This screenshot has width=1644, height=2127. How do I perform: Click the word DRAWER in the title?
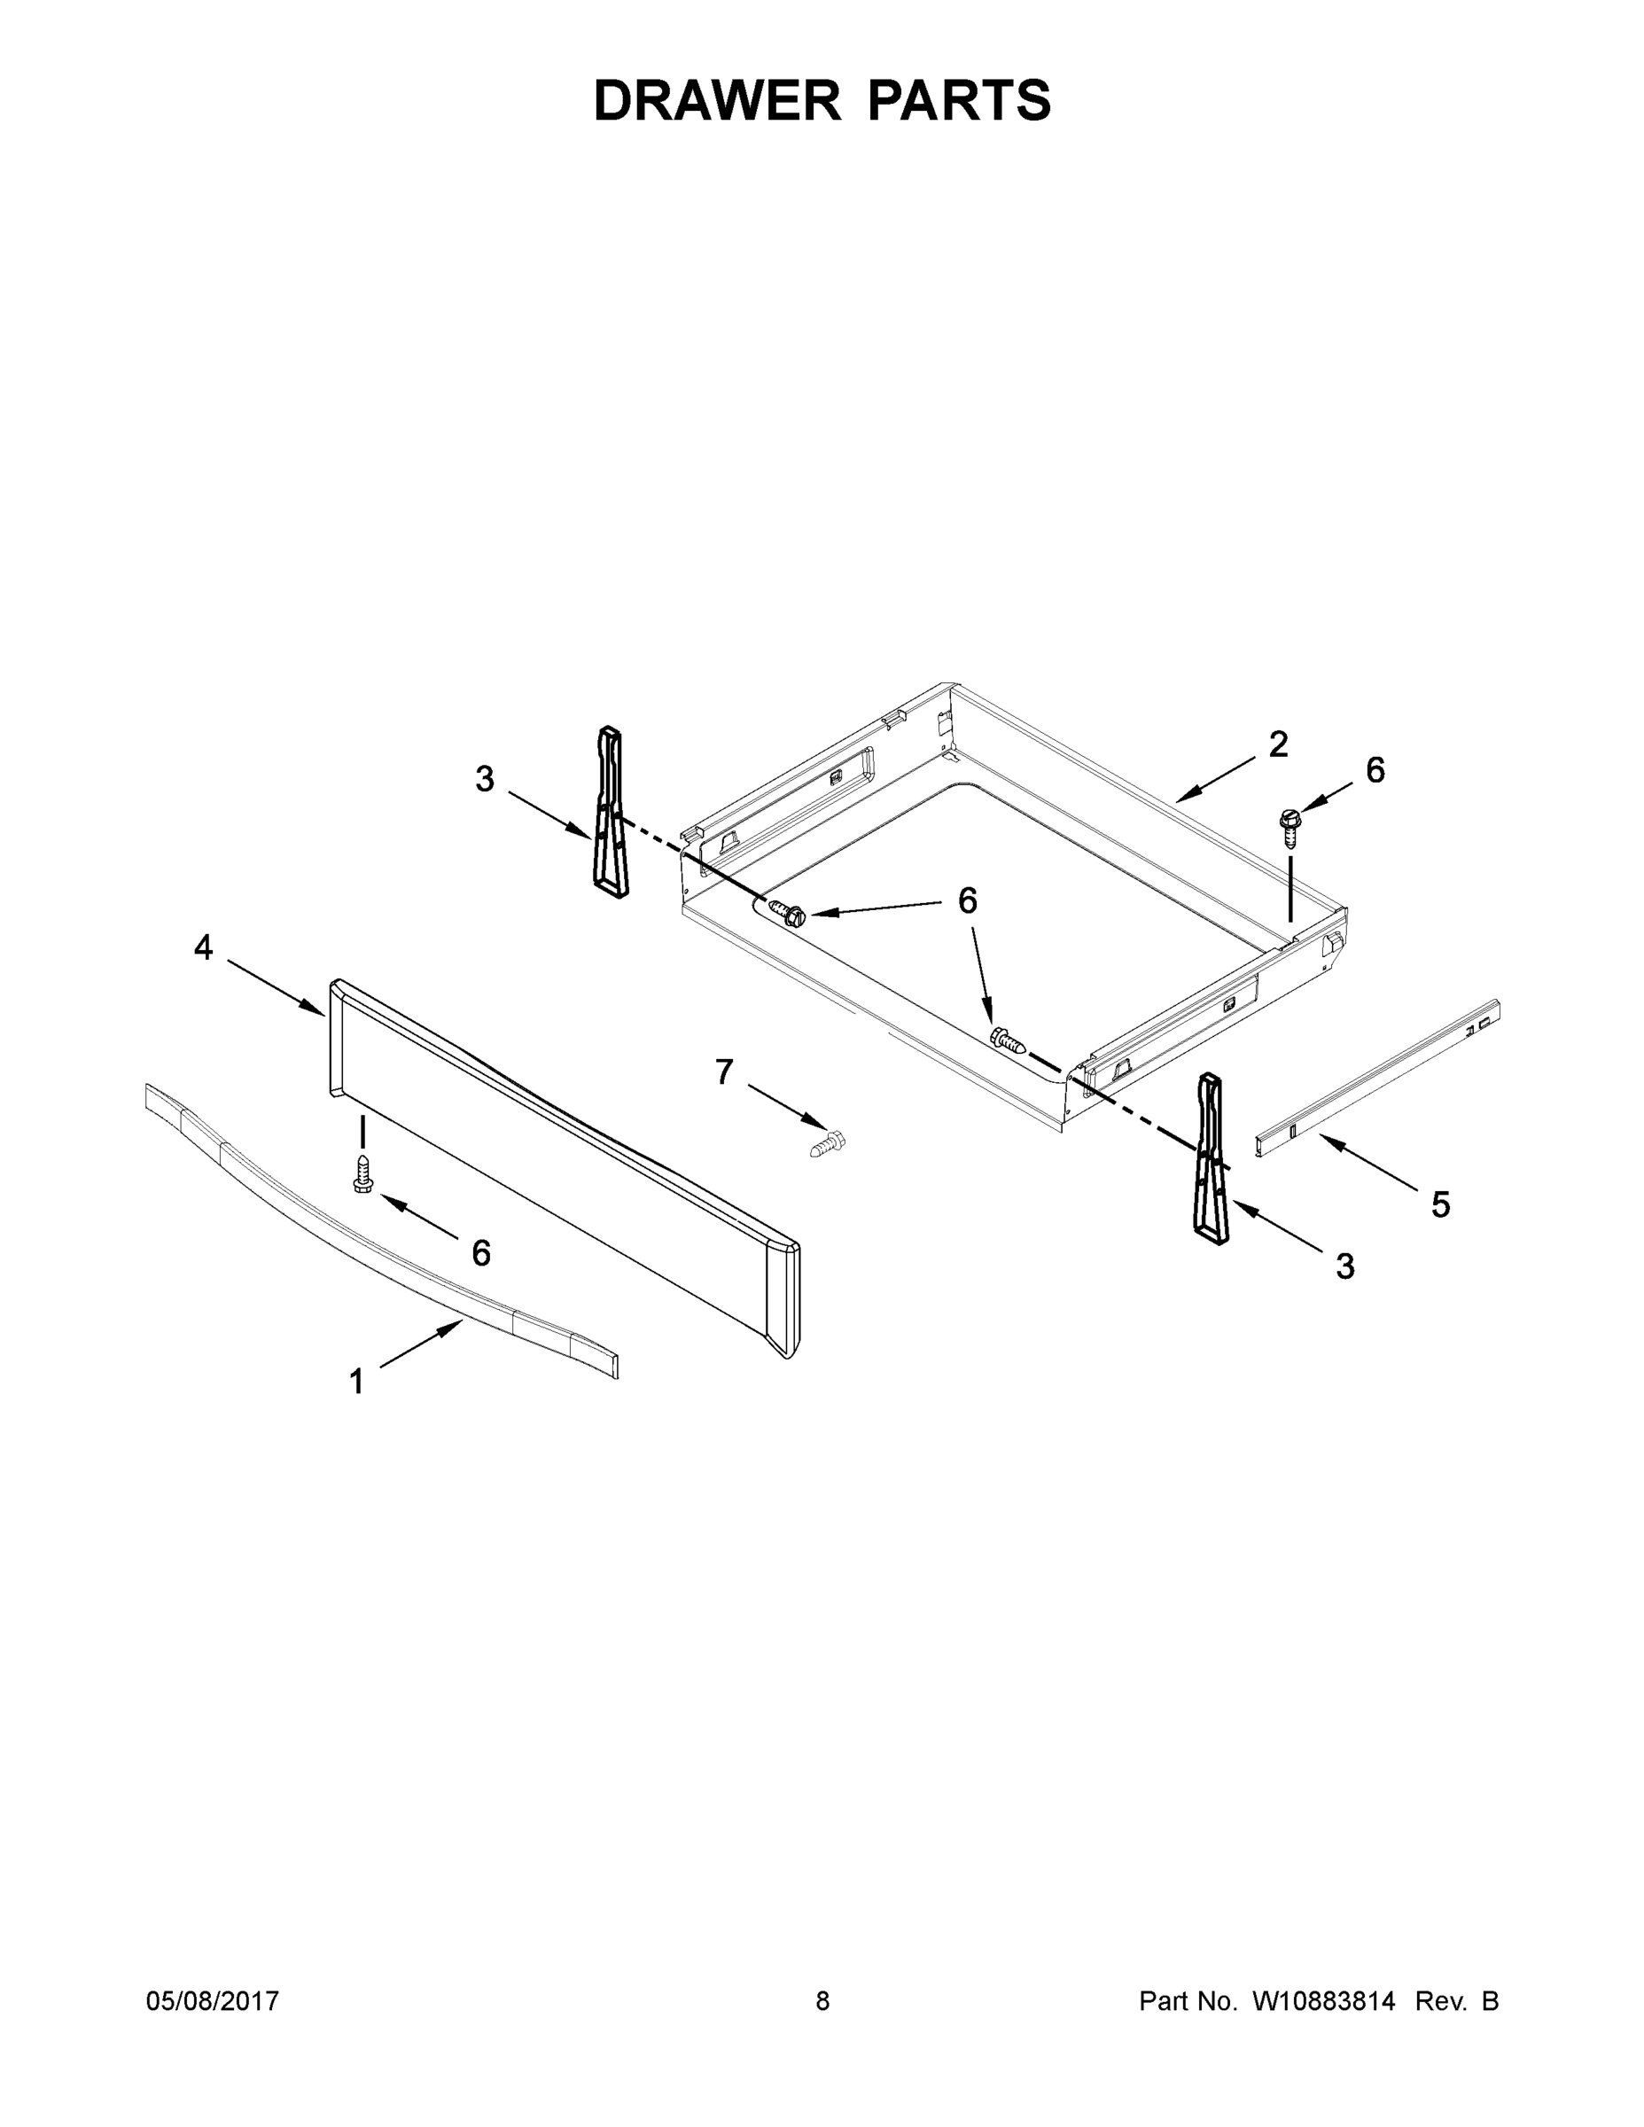point(716,101)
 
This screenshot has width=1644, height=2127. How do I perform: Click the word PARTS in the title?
point(958,101)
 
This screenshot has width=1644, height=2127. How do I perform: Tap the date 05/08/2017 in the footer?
point(213,2000)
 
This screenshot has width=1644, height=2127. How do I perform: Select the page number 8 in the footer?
point(822,2000)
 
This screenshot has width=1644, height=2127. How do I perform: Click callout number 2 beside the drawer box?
point(1278,745)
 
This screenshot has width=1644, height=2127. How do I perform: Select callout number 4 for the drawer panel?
point(203,947)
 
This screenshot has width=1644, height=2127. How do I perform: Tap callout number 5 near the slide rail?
point(1440,1204)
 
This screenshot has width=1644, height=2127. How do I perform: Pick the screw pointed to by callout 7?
point(829,1142)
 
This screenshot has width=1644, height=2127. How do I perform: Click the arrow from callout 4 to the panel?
point(277,987)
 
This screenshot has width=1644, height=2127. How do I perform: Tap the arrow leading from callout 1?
point(421,1344)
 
